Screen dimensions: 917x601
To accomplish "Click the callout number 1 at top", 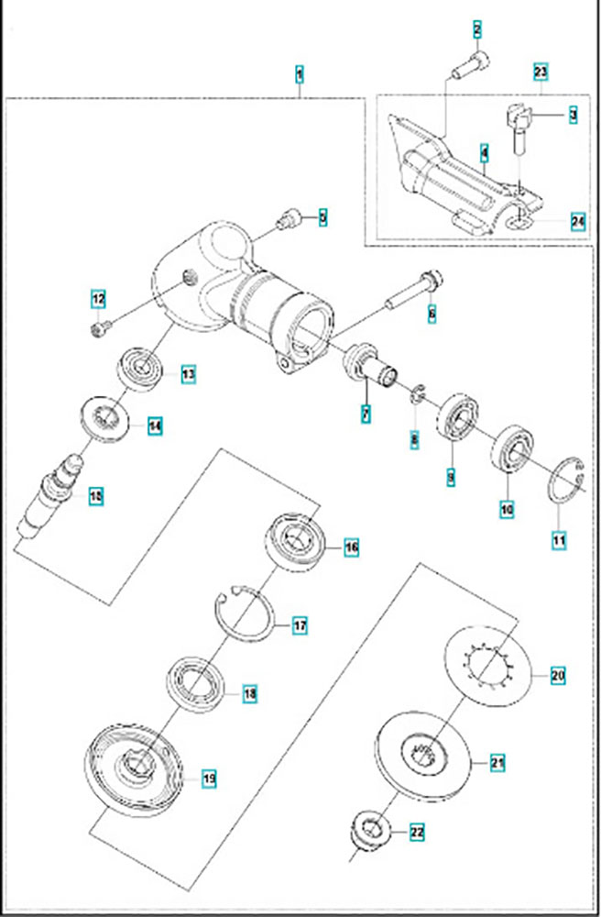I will [x=300, y=72].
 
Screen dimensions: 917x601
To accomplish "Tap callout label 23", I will [x=541, y=72].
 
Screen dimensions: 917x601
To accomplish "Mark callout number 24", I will [x=577, y=221].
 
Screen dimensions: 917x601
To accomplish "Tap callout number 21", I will [x=497, y=762].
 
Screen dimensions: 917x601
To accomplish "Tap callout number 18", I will [x=249, y=693].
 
